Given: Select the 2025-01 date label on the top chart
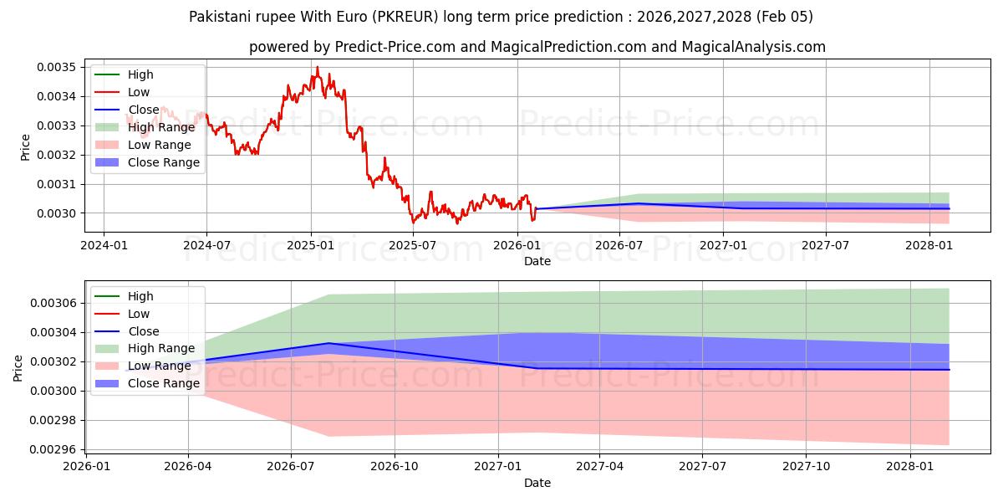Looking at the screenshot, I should pyautogui.click(x=310, y=245).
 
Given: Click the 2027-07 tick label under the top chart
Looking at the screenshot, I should pyautogui.click(x=826, y=245).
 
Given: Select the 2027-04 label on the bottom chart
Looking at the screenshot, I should pyautogui.click(x=600, y=467).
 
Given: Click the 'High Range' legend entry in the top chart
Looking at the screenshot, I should pyautogui.click(x=158, y=127).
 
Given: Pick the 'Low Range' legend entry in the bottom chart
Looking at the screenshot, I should pyautogui.click(x=159, y=366).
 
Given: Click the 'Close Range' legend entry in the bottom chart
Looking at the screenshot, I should pyautogui.click(x=163, y=383).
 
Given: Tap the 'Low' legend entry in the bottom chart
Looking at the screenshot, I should pyautogui.click(x=139, y=314).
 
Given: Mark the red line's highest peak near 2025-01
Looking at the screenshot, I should pyautogui.click(x=317, y=67).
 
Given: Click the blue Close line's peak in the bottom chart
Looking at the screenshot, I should pyautogui.click(x=329, y=343).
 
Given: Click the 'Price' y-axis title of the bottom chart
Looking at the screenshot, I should pyautogui.click(x=18, y=368).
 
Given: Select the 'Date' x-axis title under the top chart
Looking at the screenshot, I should pyautogui.click(x=537, y=261).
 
